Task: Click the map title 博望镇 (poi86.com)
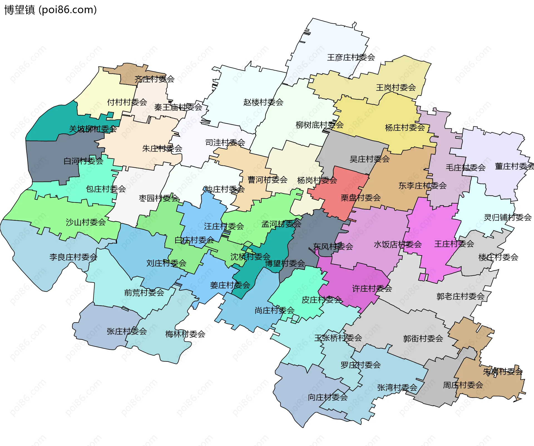click(50, 10)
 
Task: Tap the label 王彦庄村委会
click(351, 58)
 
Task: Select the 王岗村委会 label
click(395, 88)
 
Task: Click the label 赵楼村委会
click(263, 102)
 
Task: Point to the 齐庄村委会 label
click(154, 79)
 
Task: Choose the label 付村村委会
click(127, 102)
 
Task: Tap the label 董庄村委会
click(514, 166)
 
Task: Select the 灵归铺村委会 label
click(507, 217)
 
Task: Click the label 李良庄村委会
click(73, 257)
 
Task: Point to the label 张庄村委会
click(127, 331)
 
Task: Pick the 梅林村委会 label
click(185, 334)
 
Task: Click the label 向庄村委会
click(327, 397)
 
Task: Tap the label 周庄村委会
click(463, 385)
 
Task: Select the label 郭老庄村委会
click(460, 296)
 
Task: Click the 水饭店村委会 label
click(397, 245)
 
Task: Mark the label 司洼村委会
click(225, 143)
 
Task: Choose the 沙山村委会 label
click(86, 222)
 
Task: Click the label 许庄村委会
click(372, 289)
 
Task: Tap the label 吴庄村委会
click(369, 159)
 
